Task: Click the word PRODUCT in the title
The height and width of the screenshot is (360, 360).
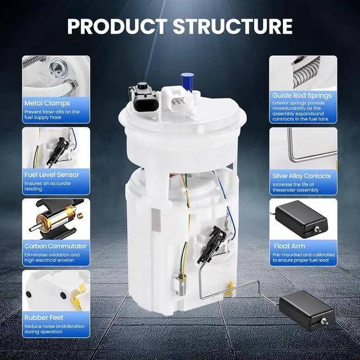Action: point(118,26)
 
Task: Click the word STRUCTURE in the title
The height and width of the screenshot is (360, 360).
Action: point(233,26)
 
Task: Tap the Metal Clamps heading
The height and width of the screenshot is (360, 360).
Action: point(47,103)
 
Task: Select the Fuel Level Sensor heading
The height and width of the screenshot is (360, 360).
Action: point(52,175)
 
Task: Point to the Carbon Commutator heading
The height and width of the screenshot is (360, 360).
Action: point(55,246)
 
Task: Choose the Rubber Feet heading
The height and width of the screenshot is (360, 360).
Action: point(44,317)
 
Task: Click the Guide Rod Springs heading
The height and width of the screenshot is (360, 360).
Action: point(302,96)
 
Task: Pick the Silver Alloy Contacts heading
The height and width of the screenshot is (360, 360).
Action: point(301,176)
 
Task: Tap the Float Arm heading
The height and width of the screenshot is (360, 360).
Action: point(290,246)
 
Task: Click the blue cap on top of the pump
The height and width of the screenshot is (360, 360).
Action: point(187,82)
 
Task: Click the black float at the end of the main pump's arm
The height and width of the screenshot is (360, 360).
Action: point(307,310)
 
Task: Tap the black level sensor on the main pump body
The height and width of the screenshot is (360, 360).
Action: point(211,245)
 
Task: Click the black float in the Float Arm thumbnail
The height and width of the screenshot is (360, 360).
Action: point(301,219)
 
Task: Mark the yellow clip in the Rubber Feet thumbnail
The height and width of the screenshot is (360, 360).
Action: point(79,296)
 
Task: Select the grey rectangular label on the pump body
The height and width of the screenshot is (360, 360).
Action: point(156,220)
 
